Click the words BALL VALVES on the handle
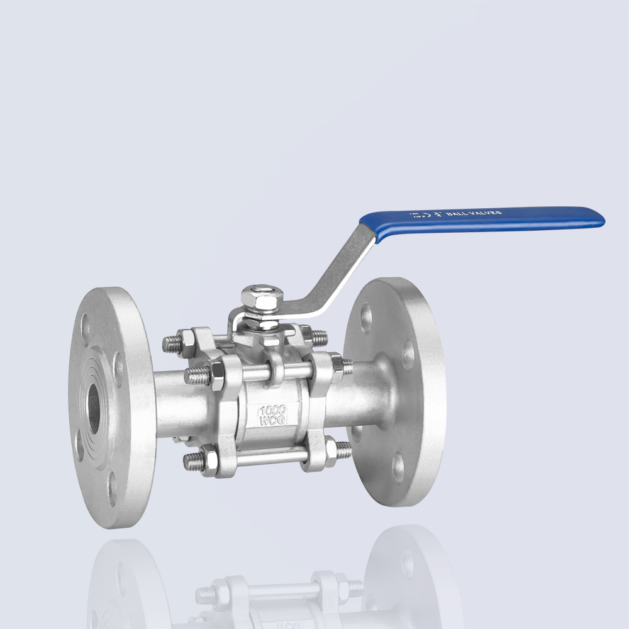click(x=474, y=214)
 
